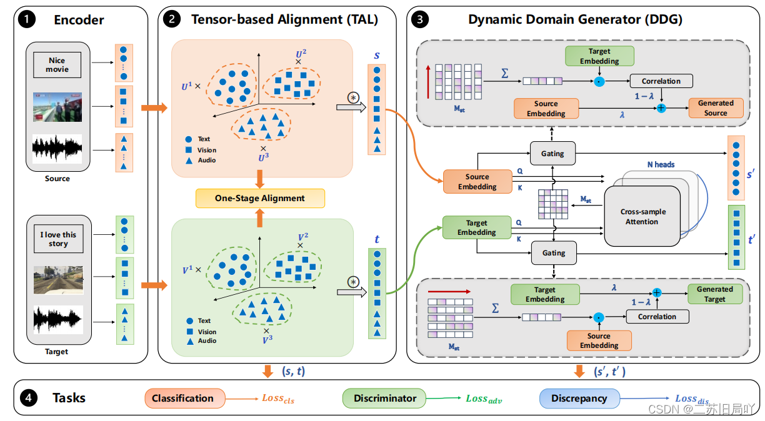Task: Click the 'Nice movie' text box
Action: (x=57, y=65)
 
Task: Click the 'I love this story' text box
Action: (x=58, y=239)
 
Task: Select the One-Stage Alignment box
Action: (x=260, y=198)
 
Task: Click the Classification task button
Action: (x=182, y=398)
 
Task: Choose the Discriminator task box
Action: (x=385, y=398)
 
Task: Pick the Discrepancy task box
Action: (x=579, y=398)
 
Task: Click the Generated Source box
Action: (x=716, y=108)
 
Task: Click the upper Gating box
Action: (x=552, y=153)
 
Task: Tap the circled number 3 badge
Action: (x=422, y=19)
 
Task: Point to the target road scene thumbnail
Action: (x=58, y=279)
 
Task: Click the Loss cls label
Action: (x=277, y=399)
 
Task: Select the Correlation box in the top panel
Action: (x=661, y=81)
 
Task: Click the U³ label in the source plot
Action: (x=263, y=157)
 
